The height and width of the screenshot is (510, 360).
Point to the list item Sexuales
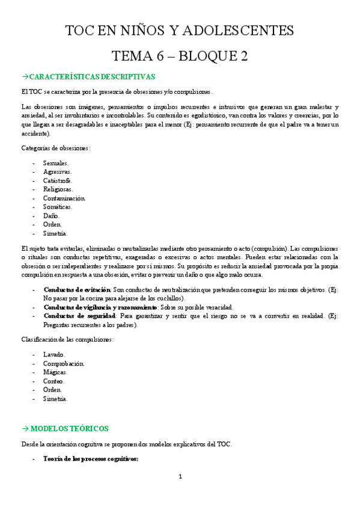(x=56, y=163)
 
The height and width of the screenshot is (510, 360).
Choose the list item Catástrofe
(x=58, y=180)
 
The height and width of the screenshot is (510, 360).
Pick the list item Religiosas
(x=58, y=189)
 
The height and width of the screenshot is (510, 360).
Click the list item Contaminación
(x=64, y=198)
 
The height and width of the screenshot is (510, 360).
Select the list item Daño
(x=52, y=215)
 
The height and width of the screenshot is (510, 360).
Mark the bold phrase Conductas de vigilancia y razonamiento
(x=100, y=307)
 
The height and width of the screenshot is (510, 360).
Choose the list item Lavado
(x=55, y=355)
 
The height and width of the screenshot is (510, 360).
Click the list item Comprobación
(x=63, y=363)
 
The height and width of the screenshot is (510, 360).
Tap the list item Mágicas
(x=55, y=372)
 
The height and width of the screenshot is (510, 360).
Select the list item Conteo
(x=54, y=381)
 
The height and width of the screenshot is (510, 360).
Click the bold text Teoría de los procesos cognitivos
(x=91, y=459)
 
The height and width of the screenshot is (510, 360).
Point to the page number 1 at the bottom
(x=180, y=477)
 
